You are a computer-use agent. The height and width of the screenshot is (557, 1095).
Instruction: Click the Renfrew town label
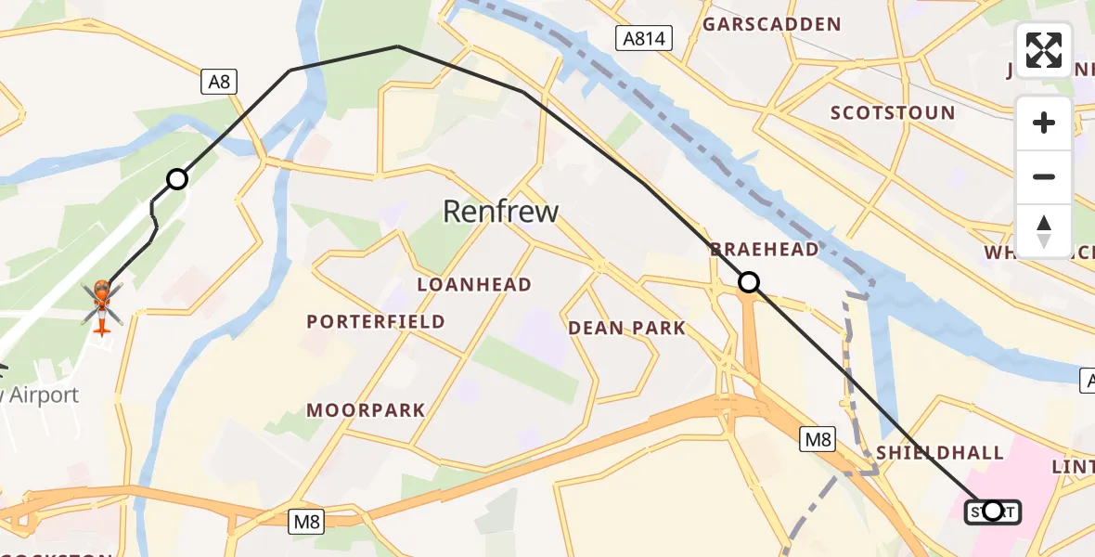(500, 212)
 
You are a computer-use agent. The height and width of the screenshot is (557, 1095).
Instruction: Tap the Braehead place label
(765, 249)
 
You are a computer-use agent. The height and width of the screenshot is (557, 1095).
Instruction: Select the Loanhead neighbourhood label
(474, 285)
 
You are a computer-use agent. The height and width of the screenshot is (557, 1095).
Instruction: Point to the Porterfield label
(376, 322)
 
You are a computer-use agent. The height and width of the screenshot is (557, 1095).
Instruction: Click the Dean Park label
(626, 328)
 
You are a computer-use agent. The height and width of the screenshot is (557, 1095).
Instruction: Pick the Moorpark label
(366, 409)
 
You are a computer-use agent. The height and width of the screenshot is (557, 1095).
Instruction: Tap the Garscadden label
(771, 25)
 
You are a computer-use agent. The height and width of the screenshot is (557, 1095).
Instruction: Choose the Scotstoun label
(892, 113)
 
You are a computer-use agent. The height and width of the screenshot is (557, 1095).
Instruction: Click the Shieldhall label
(940, 453)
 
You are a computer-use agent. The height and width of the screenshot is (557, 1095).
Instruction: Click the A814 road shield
(643, 37)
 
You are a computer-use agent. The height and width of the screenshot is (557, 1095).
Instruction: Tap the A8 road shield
(219, 82)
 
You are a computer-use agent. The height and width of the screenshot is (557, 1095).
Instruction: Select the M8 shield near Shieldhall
(818, 439)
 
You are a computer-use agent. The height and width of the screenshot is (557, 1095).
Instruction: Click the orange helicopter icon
(101, 305)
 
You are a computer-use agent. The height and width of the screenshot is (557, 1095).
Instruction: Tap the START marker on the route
(992, 512)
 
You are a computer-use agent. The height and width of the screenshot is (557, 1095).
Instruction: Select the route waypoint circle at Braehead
(748, 282)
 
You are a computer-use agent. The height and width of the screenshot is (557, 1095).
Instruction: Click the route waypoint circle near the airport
(176, 179)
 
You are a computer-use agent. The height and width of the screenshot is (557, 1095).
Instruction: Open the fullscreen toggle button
(1044, 50)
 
